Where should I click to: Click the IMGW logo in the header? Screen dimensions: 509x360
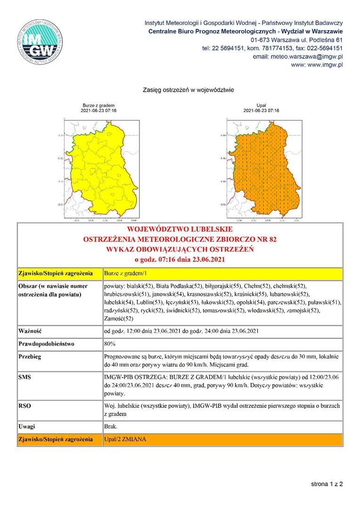[39, 42]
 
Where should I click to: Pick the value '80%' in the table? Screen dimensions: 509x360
[109, 344]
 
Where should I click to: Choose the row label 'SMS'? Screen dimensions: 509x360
[25, 377]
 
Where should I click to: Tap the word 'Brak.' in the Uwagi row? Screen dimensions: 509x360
[110, 426]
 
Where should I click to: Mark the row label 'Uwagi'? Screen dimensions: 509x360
[27, 426]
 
